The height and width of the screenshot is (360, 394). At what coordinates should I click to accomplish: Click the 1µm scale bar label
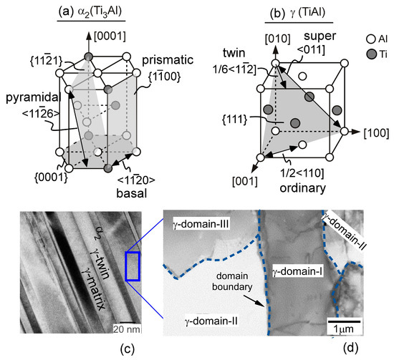(343, 327)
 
